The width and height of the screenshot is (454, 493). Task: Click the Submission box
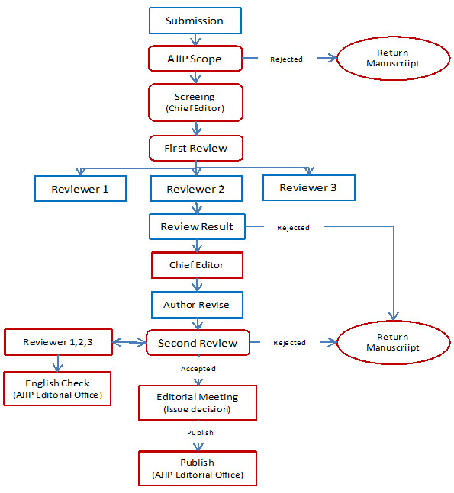point(195,21)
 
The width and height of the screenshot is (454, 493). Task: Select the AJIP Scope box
point(195,59)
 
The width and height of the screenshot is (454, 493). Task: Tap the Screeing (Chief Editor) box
point(195,103)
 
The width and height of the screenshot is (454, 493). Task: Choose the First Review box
point(196,148)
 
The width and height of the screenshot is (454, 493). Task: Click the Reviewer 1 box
point(81,189)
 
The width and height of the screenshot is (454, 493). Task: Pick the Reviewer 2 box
point(196,189)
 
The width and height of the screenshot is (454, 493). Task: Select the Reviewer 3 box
point(309,187)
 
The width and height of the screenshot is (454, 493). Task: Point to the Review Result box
point(197,227)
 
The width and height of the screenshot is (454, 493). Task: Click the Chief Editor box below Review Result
point(197,265)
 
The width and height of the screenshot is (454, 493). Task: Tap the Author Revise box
point(197,305)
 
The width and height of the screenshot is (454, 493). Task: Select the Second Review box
point(198,343)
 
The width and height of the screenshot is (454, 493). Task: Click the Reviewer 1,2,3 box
point(58,342)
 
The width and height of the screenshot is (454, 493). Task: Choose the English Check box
point(57,389)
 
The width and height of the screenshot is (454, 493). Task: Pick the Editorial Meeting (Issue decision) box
point(198,403)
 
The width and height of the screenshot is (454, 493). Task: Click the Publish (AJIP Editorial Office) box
point(198,469)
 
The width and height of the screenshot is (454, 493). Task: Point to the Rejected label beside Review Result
point(293,228)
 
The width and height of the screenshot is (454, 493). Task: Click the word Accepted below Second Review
point(198,369)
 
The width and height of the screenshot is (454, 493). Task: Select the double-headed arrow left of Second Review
point(130,342)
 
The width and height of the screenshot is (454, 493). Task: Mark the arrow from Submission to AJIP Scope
point(195,40)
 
